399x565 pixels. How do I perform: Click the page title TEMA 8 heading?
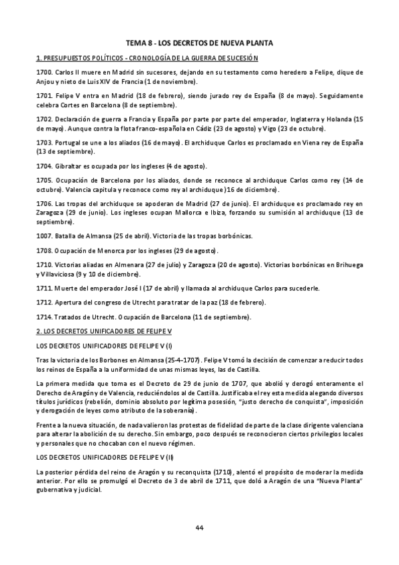pyautogui.click(x=199, y=43)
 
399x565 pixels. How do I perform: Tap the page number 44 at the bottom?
pyautogui.click(x=199, y=528)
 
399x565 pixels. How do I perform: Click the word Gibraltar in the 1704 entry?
pyautogui.click(x=66, y=166)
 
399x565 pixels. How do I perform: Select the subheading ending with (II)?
pyautogui.click(x=105, y=457)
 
